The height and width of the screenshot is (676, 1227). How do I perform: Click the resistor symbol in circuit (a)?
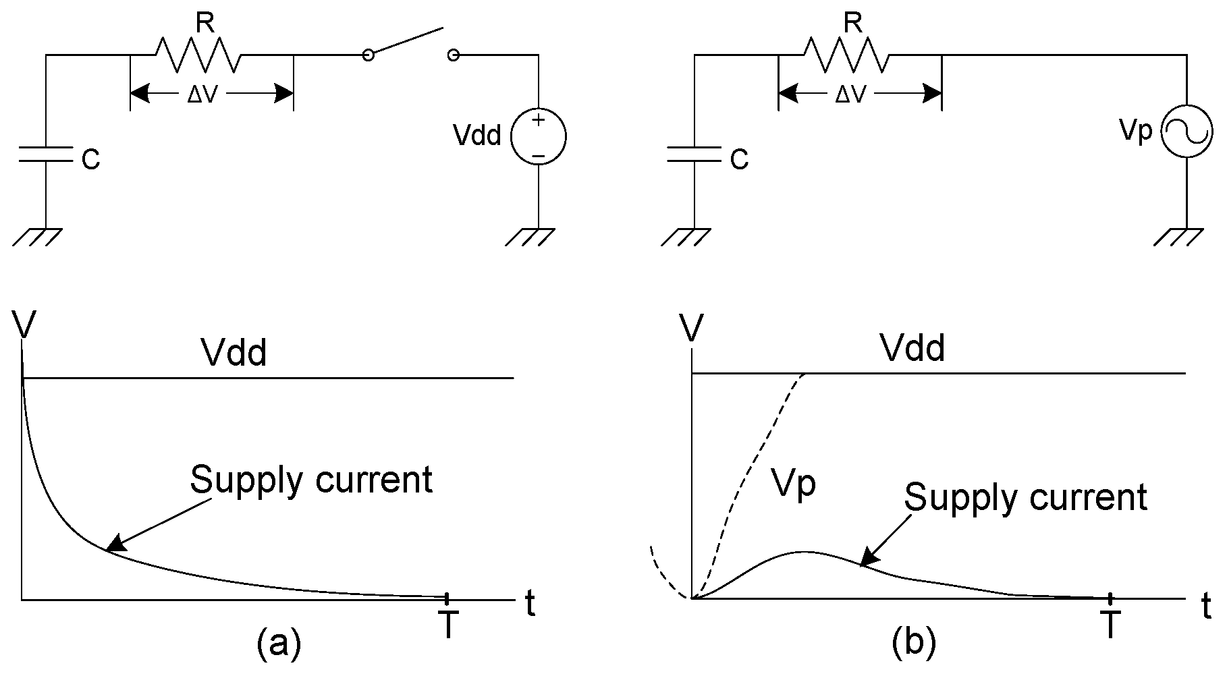coord(198,55)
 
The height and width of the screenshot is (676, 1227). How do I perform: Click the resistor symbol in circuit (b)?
coord(846,55)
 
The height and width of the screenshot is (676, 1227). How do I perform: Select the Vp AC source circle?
coord(1187,133)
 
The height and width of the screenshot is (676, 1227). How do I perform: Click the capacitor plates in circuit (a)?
coord(45,154)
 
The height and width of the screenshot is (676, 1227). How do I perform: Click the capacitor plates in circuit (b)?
coord(694,154)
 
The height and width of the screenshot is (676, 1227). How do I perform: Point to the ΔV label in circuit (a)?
coord(202,95)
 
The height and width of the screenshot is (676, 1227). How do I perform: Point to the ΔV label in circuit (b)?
coord(850,95)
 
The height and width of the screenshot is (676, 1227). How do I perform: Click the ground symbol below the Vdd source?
coord(530,237)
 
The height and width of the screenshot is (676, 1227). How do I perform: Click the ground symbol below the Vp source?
coord(1178,237)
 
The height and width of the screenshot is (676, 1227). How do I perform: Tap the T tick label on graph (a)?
coord(448,626)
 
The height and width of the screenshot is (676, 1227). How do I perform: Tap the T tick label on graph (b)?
coord(1110,626)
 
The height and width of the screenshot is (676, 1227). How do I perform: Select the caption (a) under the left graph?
coord(278,644)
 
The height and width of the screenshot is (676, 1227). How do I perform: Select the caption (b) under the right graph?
coord(914,644)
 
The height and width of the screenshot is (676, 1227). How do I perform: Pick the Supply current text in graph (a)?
coord(310,480)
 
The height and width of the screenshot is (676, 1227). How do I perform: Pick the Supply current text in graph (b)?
coord(1025,498)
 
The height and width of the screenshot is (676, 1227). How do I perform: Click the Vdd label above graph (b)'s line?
coord(912,349)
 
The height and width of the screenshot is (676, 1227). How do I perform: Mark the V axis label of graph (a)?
coord(24,326)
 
